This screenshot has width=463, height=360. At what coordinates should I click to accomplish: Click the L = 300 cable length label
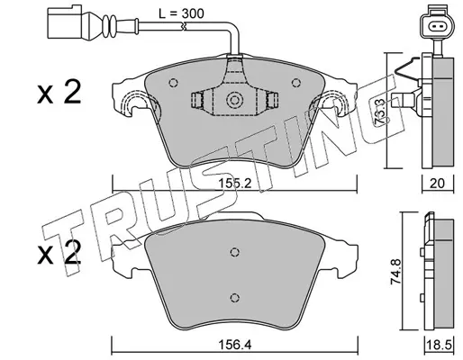click(181, 13)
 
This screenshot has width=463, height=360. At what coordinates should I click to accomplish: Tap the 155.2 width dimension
click(234, 184)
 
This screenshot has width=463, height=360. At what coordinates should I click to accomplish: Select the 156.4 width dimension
click(235, 345)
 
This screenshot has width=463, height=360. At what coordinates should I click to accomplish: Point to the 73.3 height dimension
click(381, 111)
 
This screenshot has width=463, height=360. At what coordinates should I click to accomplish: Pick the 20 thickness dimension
click(437, 183)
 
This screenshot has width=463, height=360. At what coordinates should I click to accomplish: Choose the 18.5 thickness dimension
click(439, 345)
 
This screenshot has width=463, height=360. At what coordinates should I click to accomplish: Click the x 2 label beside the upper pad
click(59, 93)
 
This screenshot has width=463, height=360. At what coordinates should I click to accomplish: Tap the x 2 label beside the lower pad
click(59, 254)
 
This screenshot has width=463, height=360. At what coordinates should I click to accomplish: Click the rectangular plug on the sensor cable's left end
click(66, 22)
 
